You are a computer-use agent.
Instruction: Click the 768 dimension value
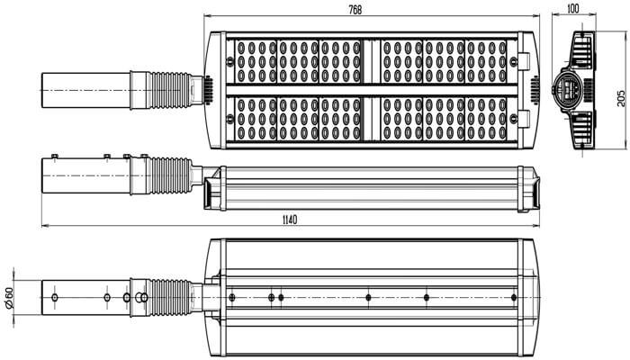click(x=355, y=10)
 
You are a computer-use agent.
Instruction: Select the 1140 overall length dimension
click(x=290, y=220)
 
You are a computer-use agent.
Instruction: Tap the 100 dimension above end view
click(x=573, y=8)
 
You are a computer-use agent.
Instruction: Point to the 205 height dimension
click(x=621, y=98)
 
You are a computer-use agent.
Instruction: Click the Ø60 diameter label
click(x=9, y=298)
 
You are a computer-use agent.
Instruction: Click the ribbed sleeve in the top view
click(x=170, y=90)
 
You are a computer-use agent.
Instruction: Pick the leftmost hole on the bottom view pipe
click(x=55, y=298)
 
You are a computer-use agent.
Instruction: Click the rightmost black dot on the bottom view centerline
click(x=514, y=298)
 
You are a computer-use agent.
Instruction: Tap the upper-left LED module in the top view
click(x=256, y=61)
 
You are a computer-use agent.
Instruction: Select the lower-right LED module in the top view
click(x=486, y=119)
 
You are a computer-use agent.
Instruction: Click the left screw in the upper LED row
click(x=229, y=61)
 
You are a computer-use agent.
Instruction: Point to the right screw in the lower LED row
click(x=514, y=119)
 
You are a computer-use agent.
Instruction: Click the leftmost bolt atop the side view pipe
click(x=55, y=156)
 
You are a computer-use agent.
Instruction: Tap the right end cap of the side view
click(x=529, y=189)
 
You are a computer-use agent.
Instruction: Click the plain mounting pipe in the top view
click(x=86, y=90)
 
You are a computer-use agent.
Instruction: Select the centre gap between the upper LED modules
click(x=370, y=61)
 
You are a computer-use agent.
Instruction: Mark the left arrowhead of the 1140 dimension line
click(x=42, y=226)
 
